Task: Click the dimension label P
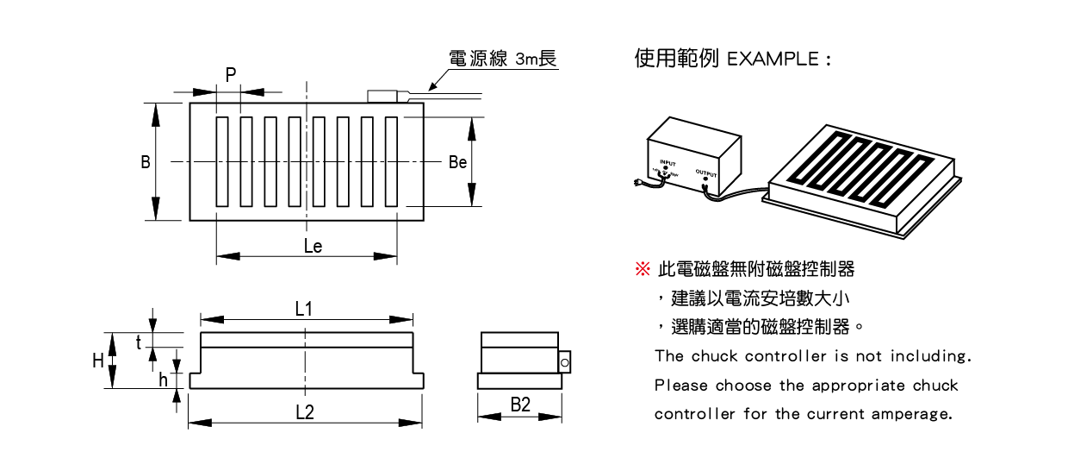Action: pos(230,75)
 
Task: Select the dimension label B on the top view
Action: pos(146,162)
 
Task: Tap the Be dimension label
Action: pos(457,162)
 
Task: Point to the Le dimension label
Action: pos(313,247)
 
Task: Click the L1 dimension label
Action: pos(304,310)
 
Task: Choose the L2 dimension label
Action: pos(304,412)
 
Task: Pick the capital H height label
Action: pos(98,361)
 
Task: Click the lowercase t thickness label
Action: pos(139,342)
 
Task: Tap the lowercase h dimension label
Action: pos(164,380)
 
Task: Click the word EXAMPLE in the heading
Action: pos(773,60)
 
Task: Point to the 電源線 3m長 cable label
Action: pos(503,59)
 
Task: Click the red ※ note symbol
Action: pos(642,270)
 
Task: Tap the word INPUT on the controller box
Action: pos(667,162)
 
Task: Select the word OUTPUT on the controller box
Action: pos(706,172)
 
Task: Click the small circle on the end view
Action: pos(564,364)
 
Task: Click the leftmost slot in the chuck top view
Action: pos(222,162)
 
